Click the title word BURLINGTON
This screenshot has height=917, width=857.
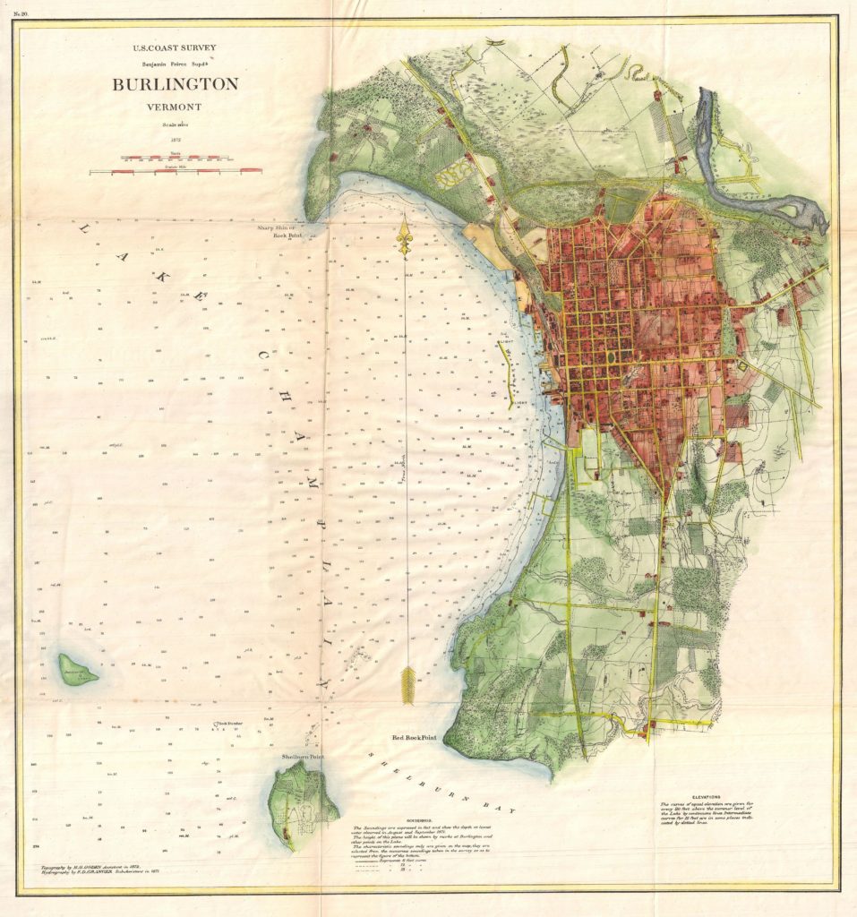[x=175, y=85]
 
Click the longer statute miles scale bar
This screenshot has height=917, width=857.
[x=176, y=169]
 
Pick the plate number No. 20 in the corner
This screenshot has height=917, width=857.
[x=21, y=12]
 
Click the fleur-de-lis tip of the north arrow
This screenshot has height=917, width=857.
[x=406, y=238]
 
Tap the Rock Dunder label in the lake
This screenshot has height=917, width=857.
[x=228, y=723]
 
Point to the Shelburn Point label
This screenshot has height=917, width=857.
[x=303, y=757]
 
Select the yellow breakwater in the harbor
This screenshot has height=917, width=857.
[x=508, y=368]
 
